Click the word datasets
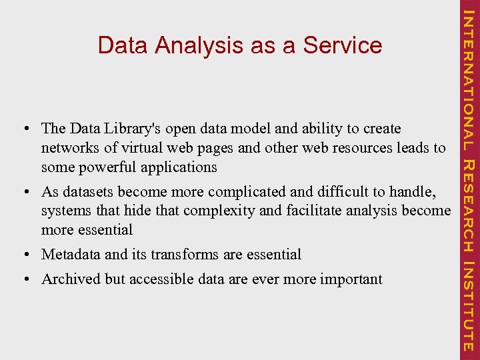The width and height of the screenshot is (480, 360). click(x=87, y=192)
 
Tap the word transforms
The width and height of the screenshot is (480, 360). click(x=182, y=254)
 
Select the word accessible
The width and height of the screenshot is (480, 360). click(x=162, y=279)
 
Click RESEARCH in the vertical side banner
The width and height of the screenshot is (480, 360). click(x=469, y=206)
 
